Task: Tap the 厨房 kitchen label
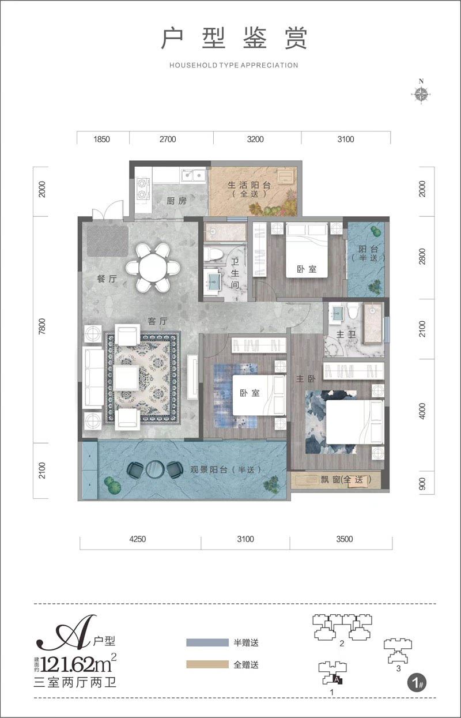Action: pyautogui.click(x=160, y=201)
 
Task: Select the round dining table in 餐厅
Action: pyautogui.click(x=153, y=268)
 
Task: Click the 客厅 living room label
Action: pyautogui.click(x=157, y=321)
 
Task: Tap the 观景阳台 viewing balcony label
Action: pyautogui.click(x=219, y=469)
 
